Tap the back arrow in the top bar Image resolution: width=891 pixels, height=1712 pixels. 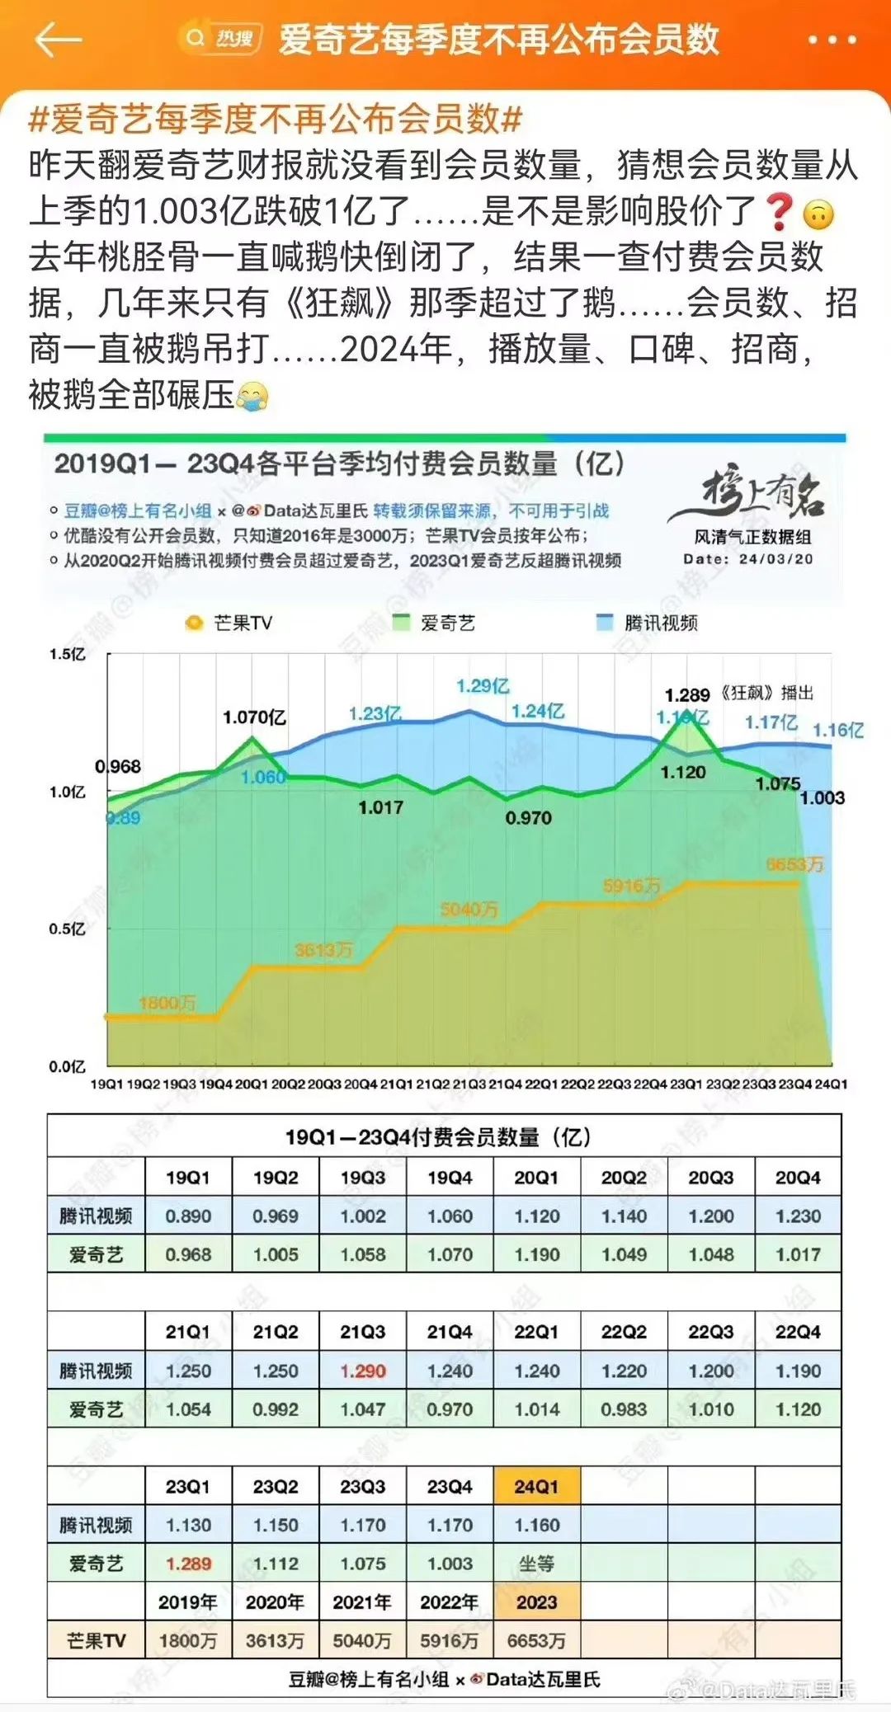click(58, 39)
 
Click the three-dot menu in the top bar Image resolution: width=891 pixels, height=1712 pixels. click(832, 40)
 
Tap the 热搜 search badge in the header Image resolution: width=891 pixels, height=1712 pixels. click(220, 39)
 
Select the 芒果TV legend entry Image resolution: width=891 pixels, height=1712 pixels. click(229, 623)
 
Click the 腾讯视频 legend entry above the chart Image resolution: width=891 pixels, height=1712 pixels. click(648, 623)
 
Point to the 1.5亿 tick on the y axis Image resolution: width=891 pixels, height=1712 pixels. click(67, 654)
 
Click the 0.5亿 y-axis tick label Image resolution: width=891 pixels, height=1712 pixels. click(67, 929)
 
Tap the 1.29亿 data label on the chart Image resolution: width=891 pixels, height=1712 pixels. click(483, 686)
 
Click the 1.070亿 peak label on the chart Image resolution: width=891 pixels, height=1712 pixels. click(254, 717)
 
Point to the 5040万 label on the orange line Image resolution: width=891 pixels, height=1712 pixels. click(469, 909)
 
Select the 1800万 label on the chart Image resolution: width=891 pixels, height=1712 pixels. click(167, 1003)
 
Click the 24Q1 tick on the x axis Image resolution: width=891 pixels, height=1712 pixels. click(830, 1084)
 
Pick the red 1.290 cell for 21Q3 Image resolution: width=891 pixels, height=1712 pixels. click(363, 1371)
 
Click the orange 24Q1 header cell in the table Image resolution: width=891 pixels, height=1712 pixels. click(536, 1486)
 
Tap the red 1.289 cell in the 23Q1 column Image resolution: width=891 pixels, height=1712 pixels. click(188, 1564)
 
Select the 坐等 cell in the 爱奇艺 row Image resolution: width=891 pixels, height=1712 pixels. click(536, 1564)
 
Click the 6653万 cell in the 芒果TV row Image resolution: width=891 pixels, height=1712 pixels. click(536, 1640)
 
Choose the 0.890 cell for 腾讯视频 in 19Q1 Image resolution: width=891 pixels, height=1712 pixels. click(188, 1216)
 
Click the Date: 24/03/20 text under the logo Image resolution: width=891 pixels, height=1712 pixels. click(747, 559)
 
